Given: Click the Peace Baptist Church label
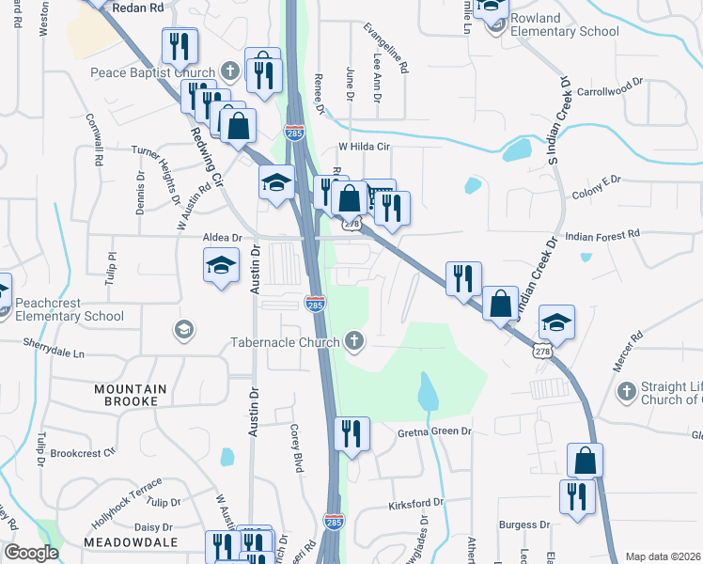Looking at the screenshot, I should (x=153, y=72).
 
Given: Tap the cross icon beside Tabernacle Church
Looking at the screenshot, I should (x=354, y=341).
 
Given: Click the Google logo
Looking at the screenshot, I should (x=31, y=553).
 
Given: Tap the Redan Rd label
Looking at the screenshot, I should (x=137, y=7).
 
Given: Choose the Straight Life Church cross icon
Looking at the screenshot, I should (x=626, y=389).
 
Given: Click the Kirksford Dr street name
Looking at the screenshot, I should (x=415, y=505).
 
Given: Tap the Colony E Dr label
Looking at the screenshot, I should (x=597, y=194).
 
